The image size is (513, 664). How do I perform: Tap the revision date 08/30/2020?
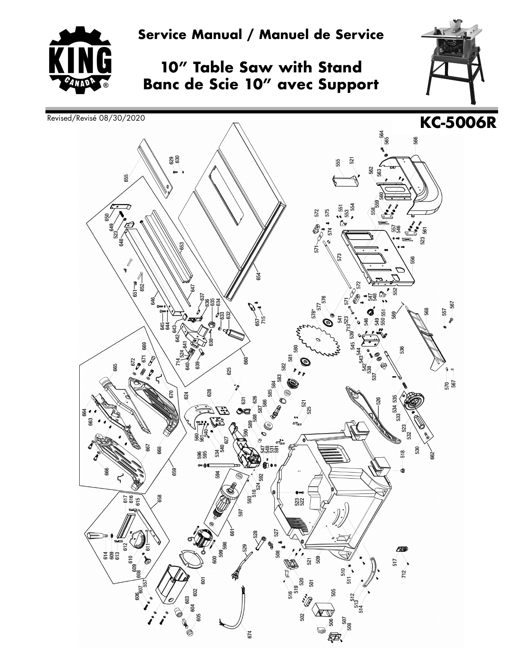[x=121, y=118]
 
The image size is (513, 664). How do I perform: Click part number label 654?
[x=259, y=277]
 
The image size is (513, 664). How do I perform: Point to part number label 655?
[x=126, y=178]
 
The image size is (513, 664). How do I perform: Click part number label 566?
[x=415, y=140]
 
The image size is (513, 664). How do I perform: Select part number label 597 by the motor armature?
[x=241, y=513]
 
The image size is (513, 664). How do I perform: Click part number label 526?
[x=379, y=401]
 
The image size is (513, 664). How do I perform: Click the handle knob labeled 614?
[x=95, y=535]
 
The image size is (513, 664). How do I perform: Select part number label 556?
[x=412, y=261]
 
